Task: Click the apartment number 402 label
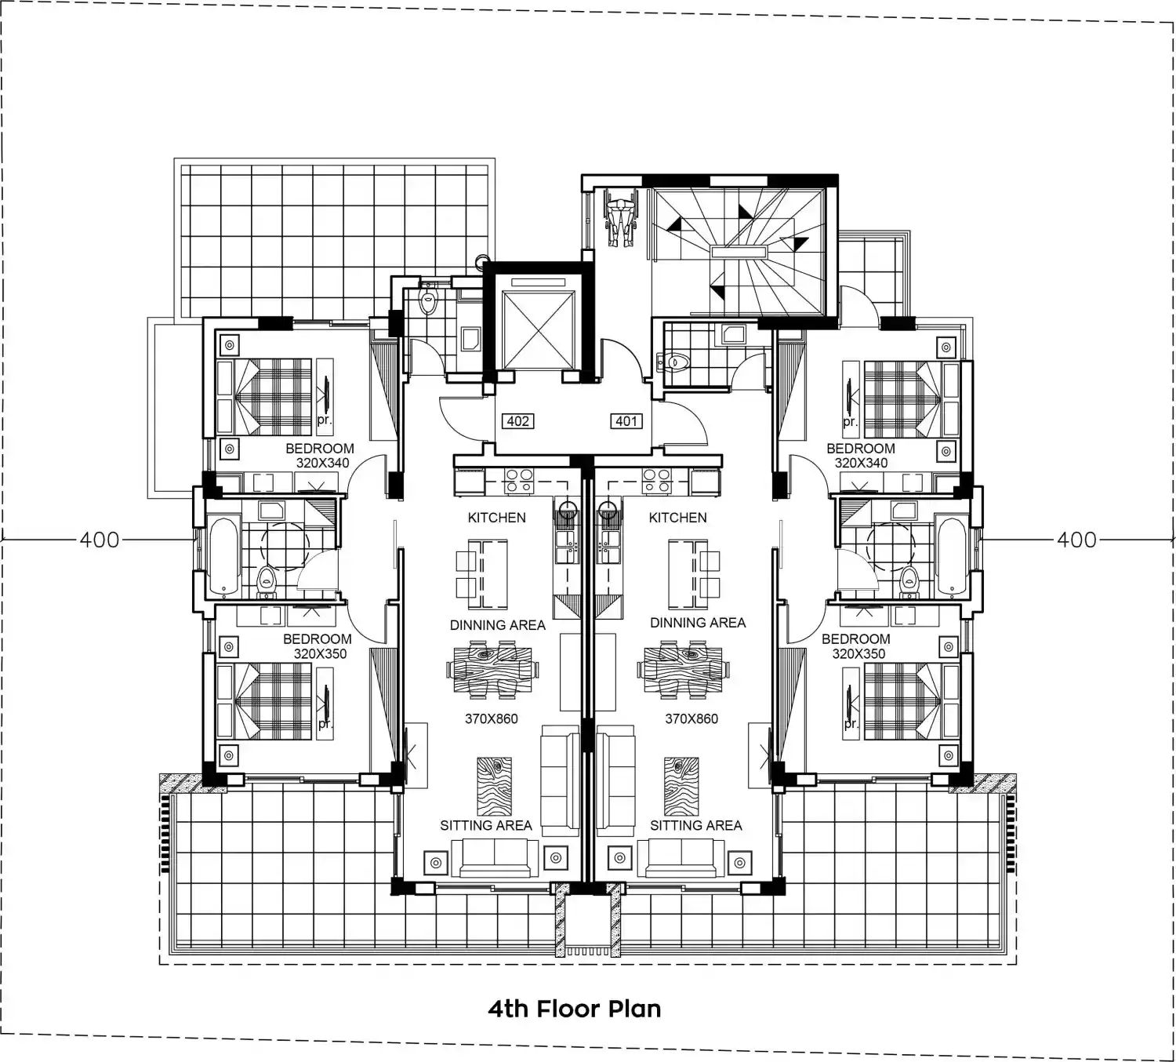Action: tap(517, 420)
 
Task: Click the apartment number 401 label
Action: tap(626, 420)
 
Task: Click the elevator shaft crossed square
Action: tap(537, 330)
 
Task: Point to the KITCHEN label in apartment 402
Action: tap(496, 518)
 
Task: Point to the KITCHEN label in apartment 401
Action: tap(677, 518)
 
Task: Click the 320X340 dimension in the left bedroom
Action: tap(322, 463)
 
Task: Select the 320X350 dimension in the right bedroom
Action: tap(858, 653)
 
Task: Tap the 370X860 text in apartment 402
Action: tap(492, 718)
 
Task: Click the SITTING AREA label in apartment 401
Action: tap(696, 826)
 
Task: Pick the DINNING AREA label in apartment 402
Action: tap(498, 625)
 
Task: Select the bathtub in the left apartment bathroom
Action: tap(224, 555)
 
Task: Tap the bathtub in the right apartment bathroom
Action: tap(951, 555)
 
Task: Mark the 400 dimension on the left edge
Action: tap(99, 540)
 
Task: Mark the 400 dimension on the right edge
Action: tap(1076, 540)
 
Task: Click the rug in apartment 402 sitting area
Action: tap(494, 786)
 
